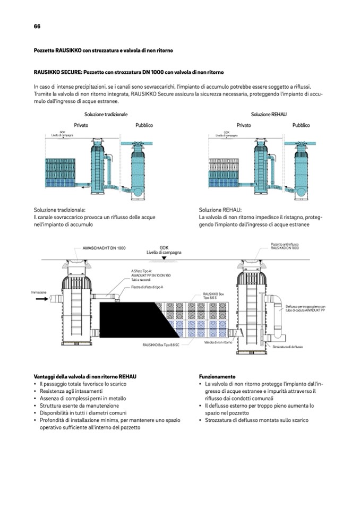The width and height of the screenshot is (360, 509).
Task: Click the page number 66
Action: click(x=37, y=27)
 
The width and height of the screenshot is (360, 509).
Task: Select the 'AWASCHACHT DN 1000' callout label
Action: click(x=104, y=248)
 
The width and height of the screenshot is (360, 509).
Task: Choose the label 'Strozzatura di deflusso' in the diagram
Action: click(x=288, y=347)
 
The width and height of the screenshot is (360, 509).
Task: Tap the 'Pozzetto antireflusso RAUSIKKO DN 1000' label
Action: click(x=285, y=246)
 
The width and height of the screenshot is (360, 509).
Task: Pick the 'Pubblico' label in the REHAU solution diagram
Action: click(x=301, y=125)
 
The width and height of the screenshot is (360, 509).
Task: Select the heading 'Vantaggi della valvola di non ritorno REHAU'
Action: click(x=85, y=376)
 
